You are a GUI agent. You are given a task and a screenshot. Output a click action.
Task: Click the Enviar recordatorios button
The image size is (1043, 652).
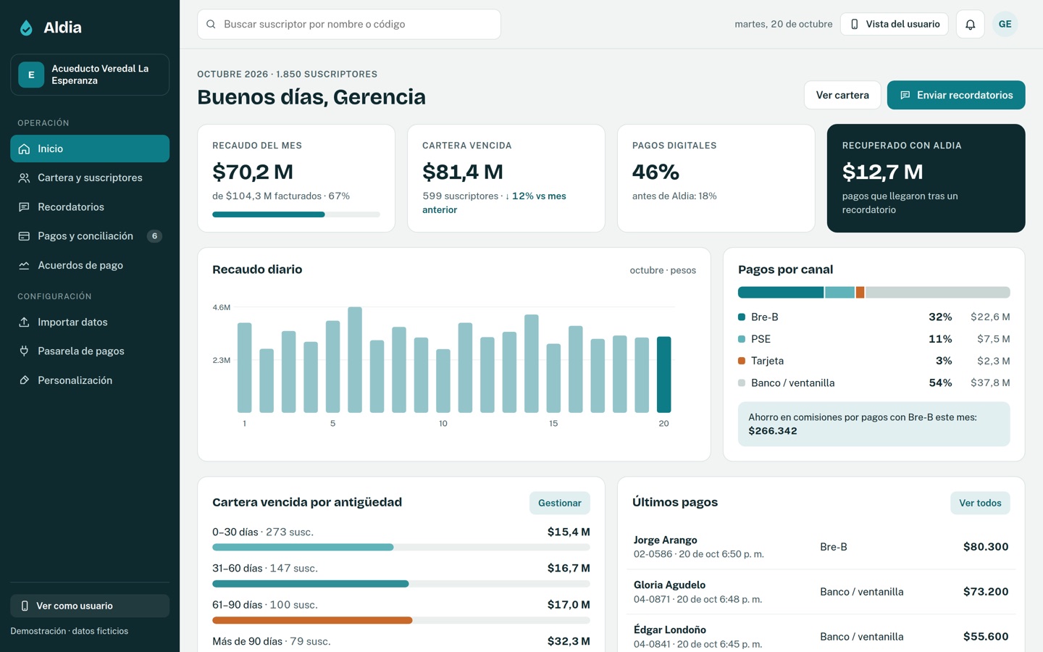click(955, 95)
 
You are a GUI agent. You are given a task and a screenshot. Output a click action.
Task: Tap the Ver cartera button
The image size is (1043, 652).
click(842, 95)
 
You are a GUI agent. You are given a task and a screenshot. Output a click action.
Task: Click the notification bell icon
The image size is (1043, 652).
click(970, 24)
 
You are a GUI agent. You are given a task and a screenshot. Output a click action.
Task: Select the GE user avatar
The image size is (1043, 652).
click(1005, 24)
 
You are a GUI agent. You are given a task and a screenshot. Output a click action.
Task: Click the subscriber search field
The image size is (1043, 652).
click(349, 24)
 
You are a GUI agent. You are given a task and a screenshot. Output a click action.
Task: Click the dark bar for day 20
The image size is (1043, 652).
click(663, 375)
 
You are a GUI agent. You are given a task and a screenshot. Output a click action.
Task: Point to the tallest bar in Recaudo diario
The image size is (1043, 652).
click(355, 359)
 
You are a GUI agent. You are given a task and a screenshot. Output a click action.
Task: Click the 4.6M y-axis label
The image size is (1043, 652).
click(221, 307)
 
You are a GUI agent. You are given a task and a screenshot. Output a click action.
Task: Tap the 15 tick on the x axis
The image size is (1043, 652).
click(553, 423)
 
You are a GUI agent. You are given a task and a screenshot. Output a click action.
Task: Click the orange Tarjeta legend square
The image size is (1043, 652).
click(742, 361)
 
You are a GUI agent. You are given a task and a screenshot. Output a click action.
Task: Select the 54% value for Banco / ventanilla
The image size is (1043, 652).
click(940, 383)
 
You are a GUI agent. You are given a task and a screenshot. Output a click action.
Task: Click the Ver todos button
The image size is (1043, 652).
click(980, 503)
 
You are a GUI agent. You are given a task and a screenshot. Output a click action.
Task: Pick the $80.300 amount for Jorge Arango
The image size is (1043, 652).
click(986, 547)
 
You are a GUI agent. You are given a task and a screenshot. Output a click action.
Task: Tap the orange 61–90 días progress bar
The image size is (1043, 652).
click(312, 620)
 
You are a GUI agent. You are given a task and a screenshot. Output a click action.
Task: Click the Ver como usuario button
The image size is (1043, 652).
click(90, 606)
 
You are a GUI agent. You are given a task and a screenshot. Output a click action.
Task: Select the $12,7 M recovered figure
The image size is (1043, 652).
click(882, 172)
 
